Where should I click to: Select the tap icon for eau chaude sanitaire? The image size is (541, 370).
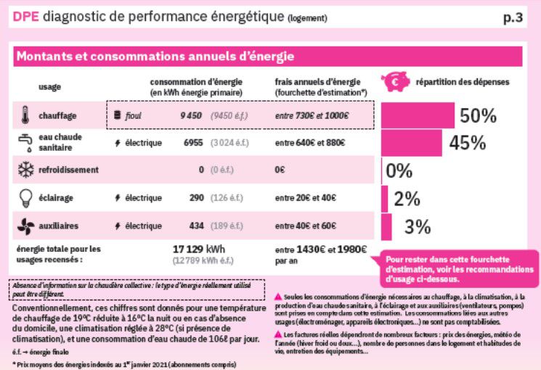25,142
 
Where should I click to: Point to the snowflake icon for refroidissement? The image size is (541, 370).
25,170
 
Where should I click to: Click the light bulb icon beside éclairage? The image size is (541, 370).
25,198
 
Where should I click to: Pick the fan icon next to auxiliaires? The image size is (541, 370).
25,226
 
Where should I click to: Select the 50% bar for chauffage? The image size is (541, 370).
417,115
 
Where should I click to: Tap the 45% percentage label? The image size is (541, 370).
467,143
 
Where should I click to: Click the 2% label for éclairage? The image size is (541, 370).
407,199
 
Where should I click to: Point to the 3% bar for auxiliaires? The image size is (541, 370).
386,226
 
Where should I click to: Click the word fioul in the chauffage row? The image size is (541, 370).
133,115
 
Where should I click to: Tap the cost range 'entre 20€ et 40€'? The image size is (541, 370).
306,198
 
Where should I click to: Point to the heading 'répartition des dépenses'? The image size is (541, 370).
463,83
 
